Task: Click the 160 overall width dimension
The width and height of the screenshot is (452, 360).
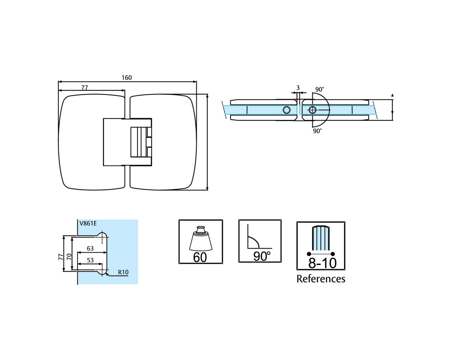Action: click(x=126, y=78)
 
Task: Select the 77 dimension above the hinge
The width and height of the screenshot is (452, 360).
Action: click(x=85, y=88)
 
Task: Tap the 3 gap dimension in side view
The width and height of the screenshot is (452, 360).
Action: click(x=298, y=88)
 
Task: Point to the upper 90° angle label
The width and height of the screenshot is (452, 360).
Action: click(x=320, y=90)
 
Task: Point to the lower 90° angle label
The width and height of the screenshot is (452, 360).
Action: click(x=317, y=131)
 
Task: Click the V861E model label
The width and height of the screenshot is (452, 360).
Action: click(x=88, y=223)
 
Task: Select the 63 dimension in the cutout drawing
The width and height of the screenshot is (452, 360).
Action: click(x=90, y=248)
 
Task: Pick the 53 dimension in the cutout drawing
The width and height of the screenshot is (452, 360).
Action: click(x=90, y=260)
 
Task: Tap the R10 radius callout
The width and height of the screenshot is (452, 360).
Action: click(x=123, y=272)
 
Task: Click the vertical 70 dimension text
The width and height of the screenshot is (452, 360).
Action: click(x=70, y=257)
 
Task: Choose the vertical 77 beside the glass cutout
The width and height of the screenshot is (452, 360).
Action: click(x=60, y=257)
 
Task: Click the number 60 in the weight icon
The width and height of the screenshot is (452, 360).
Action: click(x=200, y=257)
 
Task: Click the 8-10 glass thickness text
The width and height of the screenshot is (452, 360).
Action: click(x=322, y=263)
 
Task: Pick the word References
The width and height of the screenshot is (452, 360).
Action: click(x=321, y=279)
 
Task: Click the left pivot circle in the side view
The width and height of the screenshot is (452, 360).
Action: click(x=286, y=110)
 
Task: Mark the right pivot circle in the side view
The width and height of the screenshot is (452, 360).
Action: click(x=312, y=110)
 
